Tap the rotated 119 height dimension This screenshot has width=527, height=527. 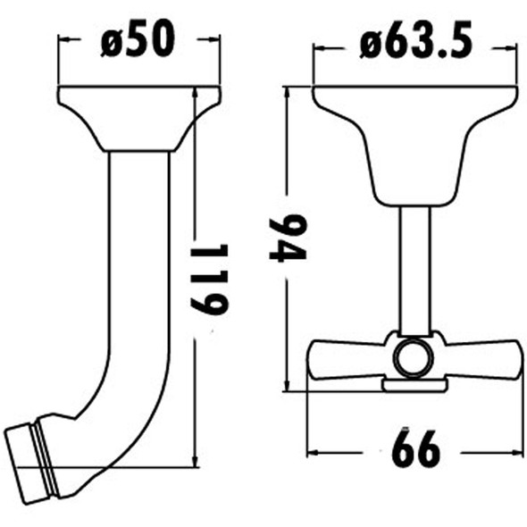211,279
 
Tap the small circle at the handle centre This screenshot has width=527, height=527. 413,358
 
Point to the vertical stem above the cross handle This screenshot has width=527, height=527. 414,268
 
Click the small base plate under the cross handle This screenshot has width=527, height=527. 414,385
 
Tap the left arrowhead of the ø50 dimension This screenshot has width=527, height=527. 63,39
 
